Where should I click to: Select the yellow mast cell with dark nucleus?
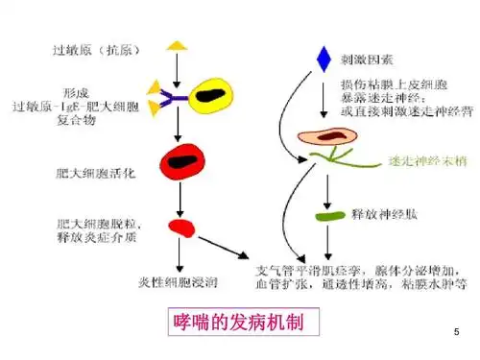click(x=212, y=95)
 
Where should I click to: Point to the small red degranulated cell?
click(x=180, y=228)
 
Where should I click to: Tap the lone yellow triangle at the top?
click(x=176, y=45)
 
